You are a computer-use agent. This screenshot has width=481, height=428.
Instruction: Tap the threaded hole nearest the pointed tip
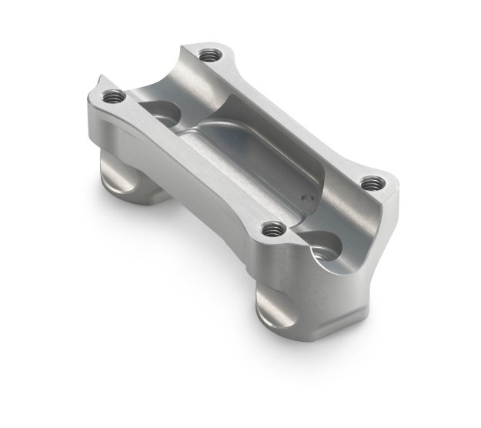pyautogui.click(x=114, y=96)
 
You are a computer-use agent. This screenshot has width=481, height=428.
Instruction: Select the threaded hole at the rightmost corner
pyautogui.click(x=372, y=182)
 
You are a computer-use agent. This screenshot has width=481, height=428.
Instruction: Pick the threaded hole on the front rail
pyautogui.click(x=272, y=229)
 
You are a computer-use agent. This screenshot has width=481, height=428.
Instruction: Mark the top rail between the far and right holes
pyautogui.click(x=292, y=115)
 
